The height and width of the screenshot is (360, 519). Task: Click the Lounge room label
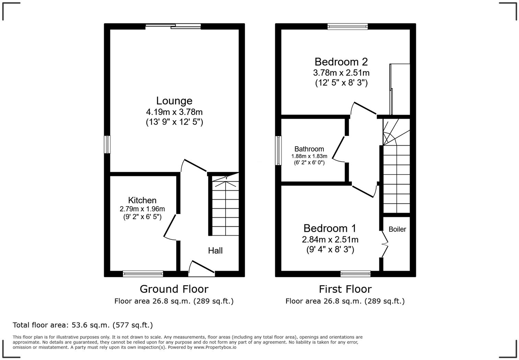click(174, 101)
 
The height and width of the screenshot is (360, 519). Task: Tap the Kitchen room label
click(142, 200)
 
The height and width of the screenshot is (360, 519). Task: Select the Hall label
click(215, 251)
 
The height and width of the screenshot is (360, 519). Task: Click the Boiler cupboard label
click(397, 229)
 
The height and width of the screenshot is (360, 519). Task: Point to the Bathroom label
click(309, 149)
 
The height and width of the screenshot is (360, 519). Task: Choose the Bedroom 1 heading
click(330, 228)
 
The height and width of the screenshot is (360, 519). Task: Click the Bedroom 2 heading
click(341, 62)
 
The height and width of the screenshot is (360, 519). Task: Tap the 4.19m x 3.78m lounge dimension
click(174, 112)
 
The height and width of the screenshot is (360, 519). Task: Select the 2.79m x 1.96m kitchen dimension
click(142, 209)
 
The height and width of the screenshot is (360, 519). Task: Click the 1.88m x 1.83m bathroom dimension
click(309, 156)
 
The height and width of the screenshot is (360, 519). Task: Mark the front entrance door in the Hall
click(201, 268)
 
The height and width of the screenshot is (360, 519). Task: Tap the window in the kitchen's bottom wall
click(143, 274)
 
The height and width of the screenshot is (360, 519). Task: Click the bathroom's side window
click(278, 150)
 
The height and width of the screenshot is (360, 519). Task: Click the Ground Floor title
click(174, 289)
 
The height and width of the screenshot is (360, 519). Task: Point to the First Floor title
click(345, 289)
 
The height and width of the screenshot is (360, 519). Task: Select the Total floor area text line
click(82, 325)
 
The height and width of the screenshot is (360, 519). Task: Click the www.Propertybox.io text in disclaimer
click(215, 347)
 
